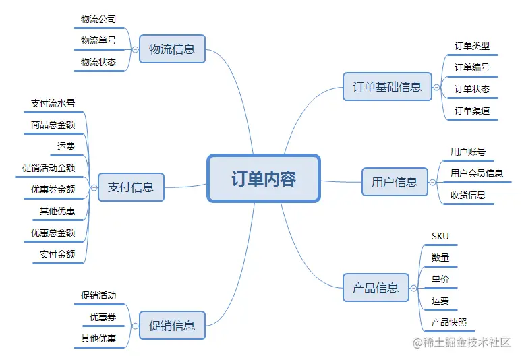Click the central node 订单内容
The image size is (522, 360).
263,179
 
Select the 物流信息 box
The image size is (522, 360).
171,49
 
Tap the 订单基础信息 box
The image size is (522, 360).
387,86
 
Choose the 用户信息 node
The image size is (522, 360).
395,181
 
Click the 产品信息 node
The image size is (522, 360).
376,288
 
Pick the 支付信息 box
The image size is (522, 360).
131,187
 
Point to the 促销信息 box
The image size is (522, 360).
171,326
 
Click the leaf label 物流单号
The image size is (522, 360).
98,40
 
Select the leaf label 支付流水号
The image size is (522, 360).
53,104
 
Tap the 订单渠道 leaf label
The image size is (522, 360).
472,111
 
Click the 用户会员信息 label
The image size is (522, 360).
477,173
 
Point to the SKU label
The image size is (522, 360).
440,236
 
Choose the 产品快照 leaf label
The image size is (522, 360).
449,322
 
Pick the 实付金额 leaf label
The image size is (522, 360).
57,254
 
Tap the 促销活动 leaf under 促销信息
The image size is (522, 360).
98,295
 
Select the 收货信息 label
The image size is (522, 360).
468,195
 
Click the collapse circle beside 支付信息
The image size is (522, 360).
94,187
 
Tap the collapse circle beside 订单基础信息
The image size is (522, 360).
437,87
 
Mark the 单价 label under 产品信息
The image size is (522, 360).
440,279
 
